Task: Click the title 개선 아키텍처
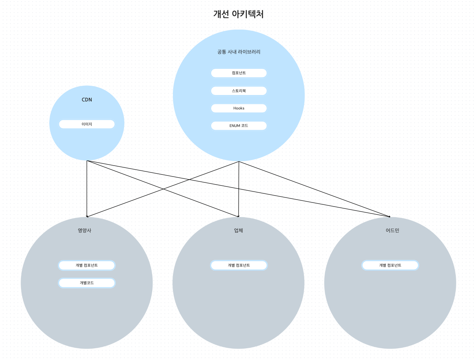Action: pyautogui.click(x=238, y=14)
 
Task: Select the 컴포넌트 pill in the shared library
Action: pyautogui.click(x=239, y=73)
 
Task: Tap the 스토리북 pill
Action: pyautogui.click(x=239, y=91)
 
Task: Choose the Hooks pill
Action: pyautogui.click(x=239, y=108)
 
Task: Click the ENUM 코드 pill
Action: pyautogui.click(x=239, y=126)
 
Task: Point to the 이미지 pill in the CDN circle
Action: pyautogui.click(x=87, y=124)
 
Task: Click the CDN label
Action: pyautogui.click(x=87, y=100)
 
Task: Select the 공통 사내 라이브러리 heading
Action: pyautogui.click(x=239, y=52)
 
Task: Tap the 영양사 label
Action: pyautogui.click(x=84, y=231)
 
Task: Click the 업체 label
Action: pyautogui.click(x=238, y=231)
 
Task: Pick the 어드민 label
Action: pyautogui.click(x=392, y=231)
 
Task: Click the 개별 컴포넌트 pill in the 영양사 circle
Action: pyautogui.click(x=87, y=265)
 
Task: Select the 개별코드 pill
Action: pyautogui.click(x=87, y=283)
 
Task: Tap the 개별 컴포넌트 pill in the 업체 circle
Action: pyautogui.click(x=239, y=265)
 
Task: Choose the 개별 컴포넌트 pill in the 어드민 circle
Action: pyautogui.click(x=390, y=265)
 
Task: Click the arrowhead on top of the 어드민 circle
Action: pyautogui.click(x=389, y=216)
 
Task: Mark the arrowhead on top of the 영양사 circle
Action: pyautogui.click(x=87, y=216)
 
